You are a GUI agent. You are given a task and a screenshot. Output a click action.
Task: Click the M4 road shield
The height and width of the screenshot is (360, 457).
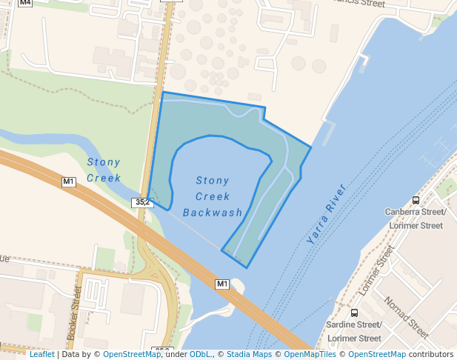click(26, 3)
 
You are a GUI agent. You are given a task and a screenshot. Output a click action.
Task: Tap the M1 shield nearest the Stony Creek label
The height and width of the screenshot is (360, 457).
click(69, 181)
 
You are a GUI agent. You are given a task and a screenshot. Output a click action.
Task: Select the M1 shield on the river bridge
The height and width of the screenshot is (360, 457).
click(222, 284)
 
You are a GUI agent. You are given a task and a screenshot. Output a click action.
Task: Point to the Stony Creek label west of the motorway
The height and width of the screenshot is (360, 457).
click(104, 170)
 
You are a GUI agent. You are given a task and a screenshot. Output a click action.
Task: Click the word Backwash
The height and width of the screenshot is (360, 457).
click(213, 213)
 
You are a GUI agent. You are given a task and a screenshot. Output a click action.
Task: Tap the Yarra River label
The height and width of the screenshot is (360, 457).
click(326, 214)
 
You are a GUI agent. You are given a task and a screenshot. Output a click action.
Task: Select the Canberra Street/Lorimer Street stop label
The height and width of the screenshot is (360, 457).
click(416, 219)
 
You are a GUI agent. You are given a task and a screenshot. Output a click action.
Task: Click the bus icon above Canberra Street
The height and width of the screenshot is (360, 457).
click(416, 200)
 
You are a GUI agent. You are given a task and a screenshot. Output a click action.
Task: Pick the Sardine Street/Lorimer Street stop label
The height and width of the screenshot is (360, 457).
click(355, 331)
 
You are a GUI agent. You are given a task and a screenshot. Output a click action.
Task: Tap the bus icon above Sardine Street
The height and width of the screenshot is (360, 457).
click(355, 313)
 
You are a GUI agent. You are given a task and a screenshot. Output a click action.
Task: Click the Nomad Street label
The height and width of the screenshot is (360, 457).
click(406, 316)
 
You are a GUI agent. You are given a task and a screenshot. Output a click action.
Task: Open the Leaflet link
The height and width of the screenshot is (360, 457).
click(41, 354)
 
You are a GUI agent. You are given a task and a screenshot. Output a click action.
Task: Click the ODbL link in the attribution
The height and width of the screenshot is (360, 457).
click(201, 354)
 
